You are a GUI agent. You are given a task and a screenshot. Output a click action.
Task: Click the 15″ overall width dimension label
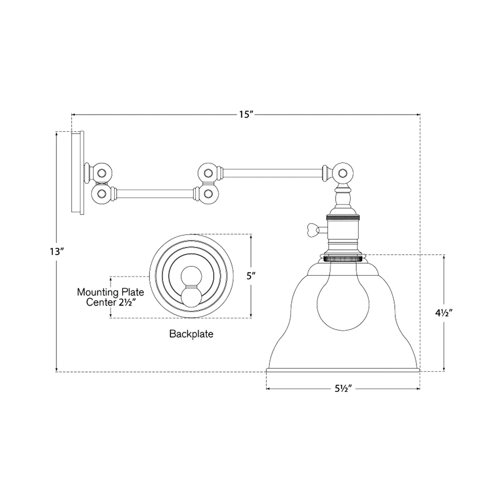[x=246, y=115]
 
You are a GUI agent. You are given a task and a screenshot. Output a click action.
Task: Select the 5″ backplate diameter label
[x=251, y=276]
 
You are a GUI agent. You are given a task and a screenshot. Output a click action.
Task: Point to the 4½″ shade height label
[x=443, y=312]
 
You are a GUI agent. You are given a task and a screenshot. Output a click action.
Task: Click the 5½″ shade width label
[x=343, y=389]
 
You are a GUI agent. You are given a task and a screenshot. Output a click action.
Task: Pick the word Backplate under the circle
[x=191, y=334]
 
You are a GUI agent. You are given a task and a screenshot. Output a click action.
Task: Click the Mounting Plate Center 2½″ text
[x=110, y=297]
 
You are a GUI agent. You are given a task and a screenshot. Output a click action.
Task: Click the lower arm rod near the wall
[x=155, y=192]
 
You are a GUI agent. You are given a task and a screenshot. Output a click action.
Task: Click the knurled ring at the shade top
[x=343, y=258]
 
